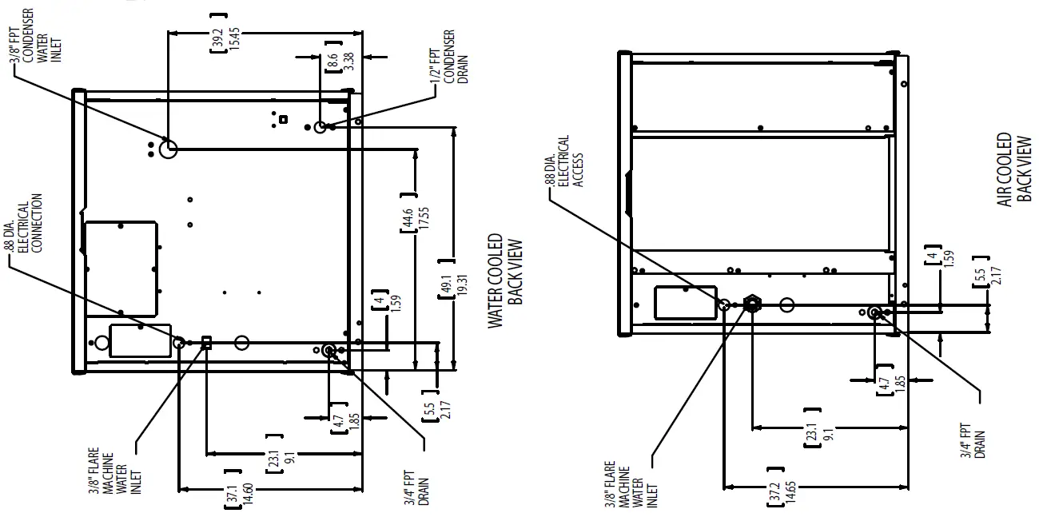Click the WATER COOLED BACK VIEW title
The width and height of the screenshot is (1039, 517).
[506, 280]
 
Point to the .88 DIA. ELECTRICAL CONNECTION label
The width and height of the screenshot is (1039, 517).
[24, 226]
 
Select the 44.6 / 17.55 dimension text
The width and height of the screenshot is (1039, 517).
[408, 212]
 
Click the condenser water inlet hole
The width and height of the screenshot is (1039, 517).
[168, 149]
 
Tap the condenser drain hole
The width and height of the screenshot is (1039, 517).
[320, 127]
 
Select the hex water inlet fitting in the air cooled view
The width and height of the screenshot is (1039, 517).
[751, 304]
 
